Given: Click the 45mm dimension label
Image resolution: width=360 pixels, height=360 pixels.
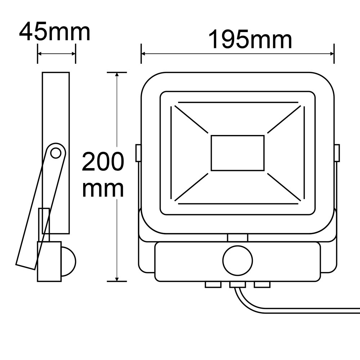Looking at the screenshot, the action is pyautogui.click(x=55, y=32).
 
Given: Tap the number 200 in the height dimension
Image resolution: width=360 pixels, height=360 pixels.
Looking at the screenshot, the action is pyautogui.click(x=103, y=161).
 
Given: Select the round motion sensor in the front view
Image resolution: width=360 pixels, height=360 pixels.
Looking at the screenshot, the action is pyautogui.click(x=238, y=260).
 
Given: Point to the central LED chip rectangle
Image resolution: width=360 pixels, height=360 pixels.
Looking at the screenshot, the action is pyautogui.click(x=238, y=153).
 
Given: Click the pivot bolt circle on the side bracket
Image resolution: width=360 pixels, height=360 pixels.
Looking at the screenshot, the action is pyautogui.click(x=55, y=153).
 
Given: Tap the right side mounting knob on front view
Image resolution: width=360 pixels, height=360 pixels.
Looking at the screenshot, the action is pyautogui.click(x=337, y=153).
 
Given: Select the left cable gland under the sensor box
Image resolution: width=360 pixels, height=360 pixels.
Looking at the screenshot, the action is pyautogui.click(x=213, y=285).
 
